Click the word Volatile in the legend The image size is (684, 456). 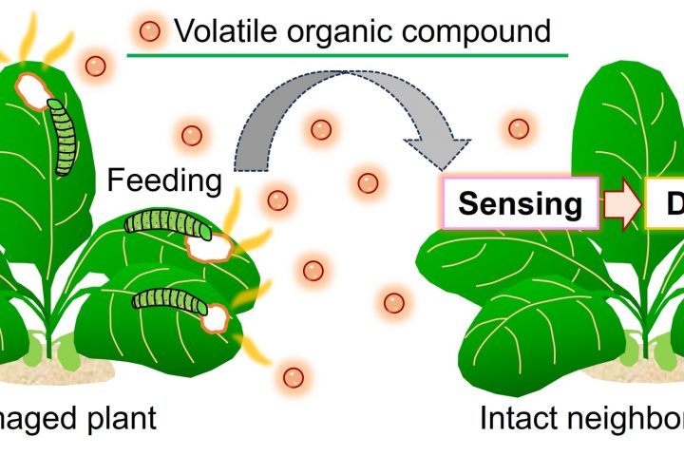click(226, 30)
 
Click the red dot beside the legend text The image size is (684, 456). click(150, 32)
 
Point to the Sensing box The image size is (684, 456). click(521, 203)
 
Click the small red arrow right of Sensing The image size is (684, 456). click(623, 202)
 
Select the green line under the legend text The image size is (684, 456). click(348, 55)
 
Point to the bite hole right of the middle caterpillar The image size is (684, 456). click(211, 246)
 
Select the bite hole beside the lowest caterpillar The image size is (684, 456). click(218, 315)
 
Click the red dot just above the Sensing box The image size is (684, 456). click(518, 127)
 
